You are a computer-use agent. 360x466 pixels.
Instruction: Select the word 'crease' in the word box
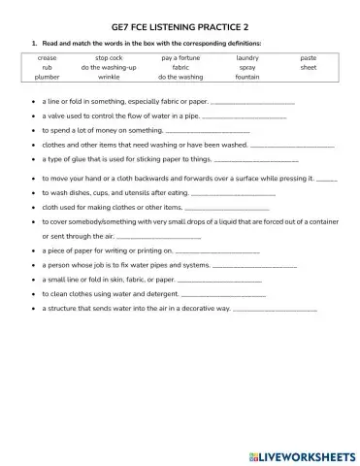pos(47,58)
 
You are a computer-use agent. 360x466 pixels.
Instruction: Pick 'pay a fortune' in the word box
pos(180,58)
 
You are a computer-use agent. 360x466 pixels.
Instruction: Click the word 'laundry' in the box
pos(247,58)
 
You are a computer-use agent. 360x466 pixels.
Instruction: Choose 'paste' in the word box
pos(309,58)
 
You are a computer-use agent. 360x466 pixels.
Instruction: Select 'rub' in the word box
pos(47,67)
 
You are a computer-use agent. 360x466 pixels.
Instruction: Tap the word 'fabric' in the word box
pos(180,67)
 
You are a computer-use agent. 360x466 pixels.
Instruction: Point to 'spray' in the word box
pos(247,67)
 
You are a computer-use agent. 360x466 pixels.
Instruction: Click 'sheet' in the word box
pos(309,67)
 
